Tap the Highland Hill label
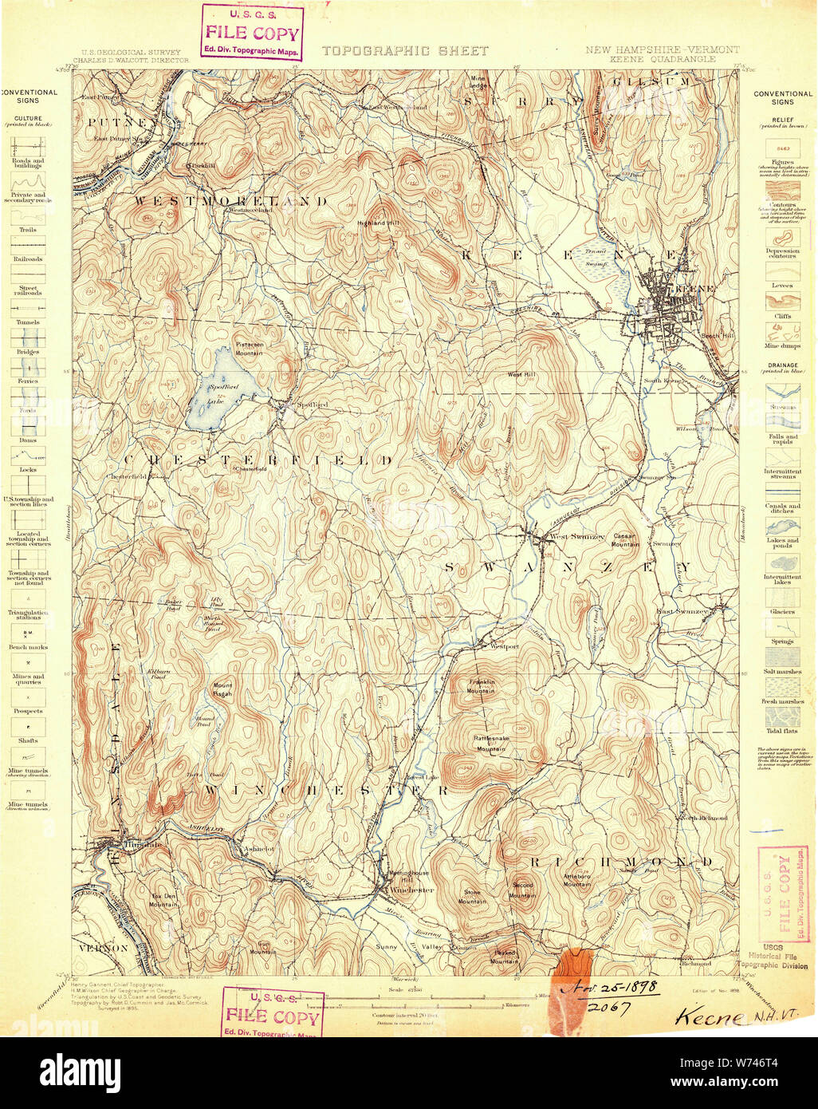(x=377, y=223)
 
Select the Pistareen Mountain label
(x=249, y=348)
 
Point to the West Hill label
(x=521, y=374)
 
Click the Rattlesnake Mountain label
(x=491, y=744)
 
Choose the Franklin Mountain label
(x=482, y=686)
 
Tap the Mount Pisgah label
(x=222, y=689)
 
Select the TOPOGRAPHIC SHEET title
(x=404, y=50)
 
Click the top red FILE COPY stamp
(x=252, y=33)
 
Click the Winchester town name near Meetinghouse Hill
(x=411, y=890)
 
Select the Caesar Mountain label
(x=625, y=540)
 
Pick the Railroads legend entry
(x=27, y=259)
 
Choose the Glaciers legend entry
(x=782, y=612)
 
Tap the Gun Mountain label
(x=263, y=949)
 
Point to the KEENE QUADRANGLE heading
(x=663, y=59)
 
